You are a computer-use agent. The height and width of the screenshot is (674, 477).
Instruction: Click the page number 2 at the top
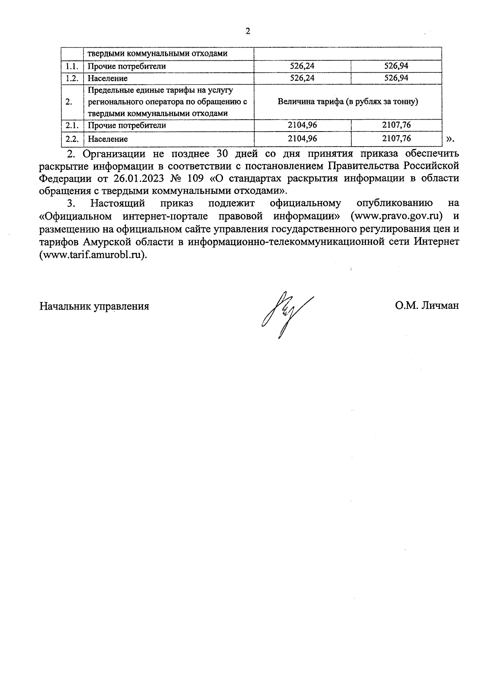click(x=248, y=32)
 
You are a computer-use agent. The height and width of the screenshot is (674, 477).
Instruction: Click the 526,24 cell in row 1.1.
click(x=302, y=66)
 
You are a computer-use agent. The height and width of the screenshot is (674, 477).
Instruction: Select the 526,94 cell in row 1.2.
click(x=396, y=78)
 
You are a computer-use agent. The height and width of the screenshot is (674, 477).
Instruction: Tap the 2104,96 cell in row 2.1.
click(x=302, y=125)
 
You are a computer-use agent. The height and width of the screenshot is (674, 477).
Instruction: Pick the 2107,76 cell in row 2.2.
click(x=396, y=138)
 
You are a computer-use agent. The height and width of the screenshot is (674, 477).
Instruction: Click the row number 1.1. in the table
click(x=72, y=66)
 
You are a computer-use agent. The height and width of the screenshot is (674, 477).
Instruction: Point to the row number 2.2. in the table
click(x=72, y=139)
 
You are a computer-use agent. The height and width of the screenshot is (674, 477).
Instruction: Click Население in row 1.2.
click(x=108, y=78)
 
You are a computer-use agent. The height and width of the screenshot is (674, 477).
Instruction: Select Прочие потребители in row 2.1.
click(x=127, y=126)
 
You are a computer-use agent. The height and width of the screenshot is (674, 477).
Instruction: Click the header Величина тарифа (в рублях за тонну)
click(x=348, y=102)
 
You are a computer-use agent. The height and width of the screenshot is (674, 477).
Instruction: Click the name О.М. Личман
click(x=427, y=306)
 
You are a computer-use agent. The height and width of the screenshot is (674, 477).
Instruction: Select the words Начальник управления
click(x=94, y=306)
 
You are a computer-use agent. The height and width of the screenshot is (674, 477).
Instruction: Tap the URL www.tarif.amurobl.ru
click(x=93, y=254)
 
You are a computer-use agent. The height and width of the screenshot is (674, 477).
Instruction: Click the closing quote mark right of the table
click(x=450, y=139)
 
